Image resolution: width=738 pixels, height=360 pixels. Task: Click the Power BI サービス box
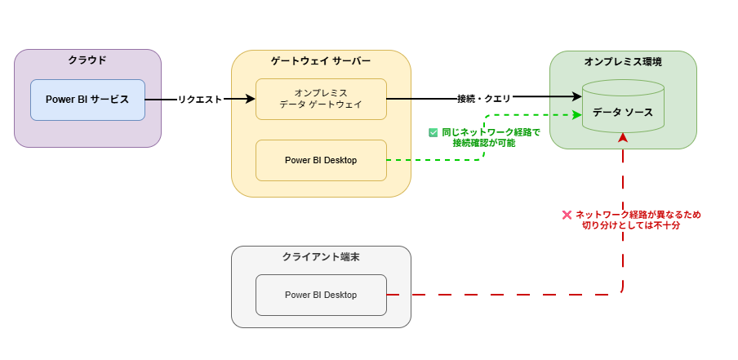point(87,100)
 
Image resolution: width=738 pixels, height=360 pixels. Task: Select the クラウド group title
point(87,60)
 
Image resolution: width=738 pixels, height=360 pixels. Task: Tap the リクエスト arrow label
point(200,100)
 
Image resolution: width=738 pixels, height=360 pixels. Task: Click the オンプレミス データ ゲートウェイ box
point(321,99)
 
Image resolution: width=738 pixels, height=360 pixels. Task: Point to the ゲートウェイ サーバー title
point(321,61)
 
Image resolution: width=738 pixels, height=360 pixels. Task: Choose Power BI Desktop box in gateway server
point(321,160)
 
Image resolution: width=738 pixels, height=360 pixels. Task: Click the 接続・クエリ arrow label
point(484,99)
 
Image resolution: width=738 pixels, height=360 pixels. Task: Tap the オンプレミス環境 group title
point(623,62)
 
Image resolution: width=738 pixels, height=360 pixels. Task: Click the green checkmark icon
point(433,132)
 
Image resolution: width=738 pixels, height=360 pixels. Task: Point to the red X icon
point(567,215)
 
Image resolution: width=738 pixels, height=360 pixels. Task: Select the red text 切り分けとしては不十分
point(631,225)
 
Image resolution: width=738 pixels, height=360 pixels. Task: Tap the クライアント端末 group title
point(321,257)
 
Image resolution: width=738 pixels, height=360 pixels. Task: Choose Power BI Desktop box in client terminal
point(321,295)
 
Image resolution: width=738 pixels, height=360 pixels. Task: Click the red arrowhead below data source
point(623,138)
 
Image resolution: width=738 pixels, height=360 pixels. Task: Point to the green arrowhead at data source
point(576,115)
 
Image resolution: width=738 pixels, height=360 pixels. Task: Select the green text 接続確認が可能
point(484,143)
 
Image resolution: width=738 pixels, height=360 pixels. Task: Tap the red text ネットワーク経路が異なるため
point(638,215)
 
